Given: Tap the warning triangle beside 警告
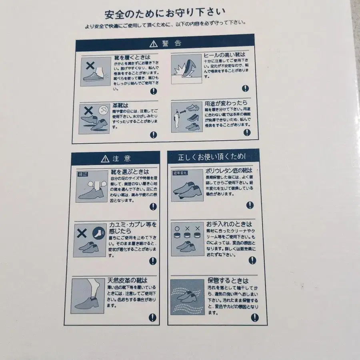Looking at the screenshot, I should coord(154,43).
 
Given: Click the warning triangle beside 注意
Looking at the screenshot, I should coord(105,159).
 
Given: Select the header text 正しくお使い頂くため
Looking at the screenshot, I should coord(212,157).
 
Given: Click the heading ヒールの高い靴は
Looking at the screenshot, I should coord(224,55).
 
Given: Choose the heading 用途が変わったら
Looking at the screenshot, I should coord(225,102).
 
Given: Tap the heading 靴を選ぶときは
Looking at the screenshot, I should coord(130,172).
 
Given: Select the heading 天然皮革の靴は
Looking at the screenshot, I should coord(127,280).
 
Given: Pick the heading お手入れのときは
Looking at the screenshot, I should coord(229,224).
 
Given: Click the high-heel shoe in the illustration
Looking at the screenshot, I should coord(188,64).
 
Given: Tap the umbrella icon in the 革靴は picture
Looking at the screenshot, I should coord(103,110).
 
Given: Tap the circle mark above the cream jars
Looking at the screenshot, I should coord(177,229).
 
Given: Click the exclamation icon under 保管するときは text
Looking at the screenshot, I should coord(253,318).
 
